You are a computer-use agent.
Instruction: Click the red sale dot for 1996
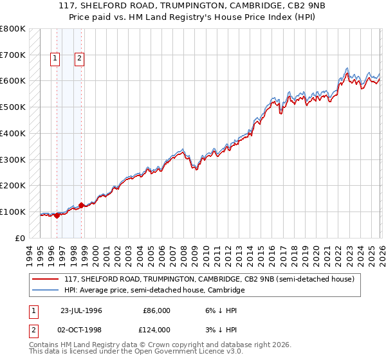[x=57, y=215]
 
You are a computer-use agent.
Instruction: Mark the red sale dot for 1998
[x=81, y=206]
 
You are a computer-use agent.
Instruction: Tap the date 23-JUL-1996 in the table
[x=82, y=310]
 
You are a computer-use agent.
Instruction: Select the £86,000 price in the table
[x=155, y=310]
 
